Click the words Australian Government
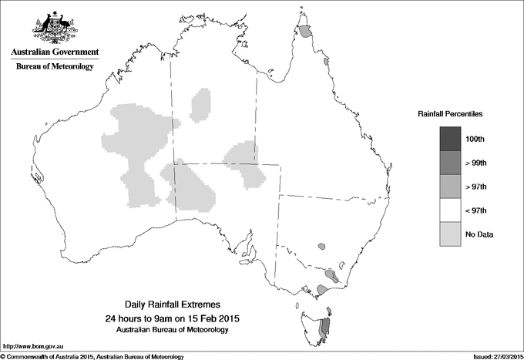pos(54,52)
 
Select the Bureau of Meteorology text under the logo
pos(54,67)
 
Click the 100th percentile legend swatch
pos(452,138)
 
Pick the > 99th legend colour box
pos(452,162)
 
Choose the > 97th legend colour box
pos(452,186)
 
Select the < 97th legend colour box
pos(452,210)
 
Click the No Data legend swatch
pos(452,234)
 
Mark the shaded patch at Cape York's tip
pos(307,32)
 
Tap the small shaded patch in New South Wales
pos(321,247)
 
